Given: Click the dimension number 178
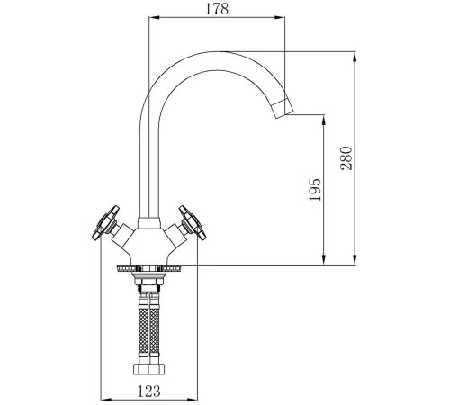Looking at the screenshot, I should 216,10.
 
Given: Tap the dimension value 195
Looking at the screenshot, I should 315,190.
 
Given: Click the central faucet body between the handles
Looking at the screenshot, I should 148,241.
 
